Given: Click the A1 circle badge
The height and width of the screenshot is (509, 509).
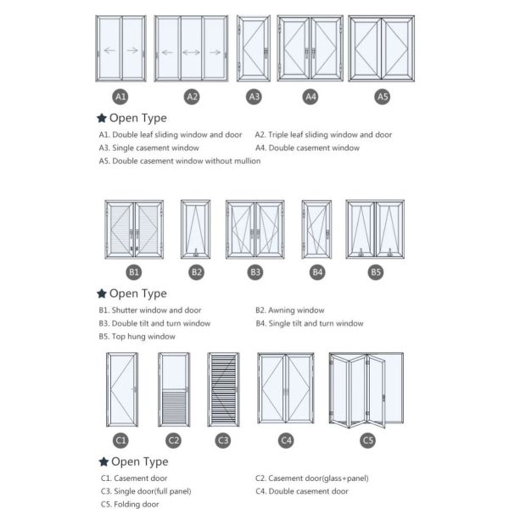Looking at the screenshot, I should pyautogui.click(x=120, y=97).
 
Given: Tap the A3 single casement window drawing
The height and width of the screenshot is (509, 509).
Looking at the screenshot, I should pyautogui.click(x=254, y=50).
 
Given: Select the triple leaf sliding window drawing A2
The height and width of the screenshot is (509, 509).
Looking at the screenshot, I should pyautogui.click(x=192, y=50).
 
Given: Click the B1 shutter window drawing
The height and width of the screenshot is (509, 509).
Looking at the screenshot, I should pyautogui.click(x=134, y=229).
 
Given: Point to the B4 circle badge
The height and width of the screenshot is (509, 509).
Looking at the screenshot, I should pyautogui.click(x=317, y=272).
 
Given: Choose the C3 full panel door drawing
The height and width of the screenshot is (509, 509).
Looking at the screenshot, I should pyautogui.click(x=223, y=389).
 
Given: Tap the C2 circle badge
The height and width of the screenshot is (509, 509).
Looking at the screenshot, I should pyautogui.click(x=173, y=439).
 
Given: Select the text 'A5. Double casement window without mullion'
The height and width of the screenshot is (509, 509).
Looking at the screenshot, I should pyautogui.click(x=179, y=161).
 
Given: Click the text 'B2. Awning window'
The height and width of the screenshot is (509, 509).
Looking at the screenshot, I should pyautogui.click(x=289, y=310).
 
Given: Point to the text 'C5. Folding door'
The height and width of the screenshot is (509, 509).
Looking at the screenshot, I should pyautogui.click(x=130, y=504).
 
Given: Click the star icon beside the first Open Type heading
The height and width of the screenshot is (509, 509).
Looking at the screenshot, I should pyautogui.click(x=102, y=118).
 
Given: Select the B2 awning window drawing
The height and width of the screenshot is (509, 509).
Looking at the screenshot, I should pyautogui.click(x=196, y=229).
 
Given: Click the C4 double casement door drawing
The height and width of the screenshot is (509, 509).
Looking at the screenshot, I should pyautogui.click(x=286, y=389).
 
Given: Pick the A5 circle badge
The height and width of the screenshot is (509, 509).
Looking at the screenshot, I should pyautogui.click(x=383, y=97).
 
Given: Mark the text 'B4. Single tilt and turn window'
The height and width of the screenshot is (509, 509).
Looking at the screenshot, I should pyautogui.click(x=309, y=323).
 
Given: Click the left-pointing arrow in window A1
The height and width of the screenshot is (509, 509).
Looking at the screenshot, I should pyautogui.click(x=109, y=51).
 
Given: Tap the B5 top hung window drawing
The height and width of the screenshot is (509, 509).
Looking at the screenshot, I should pyautogui.click(x=375, y=229).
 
